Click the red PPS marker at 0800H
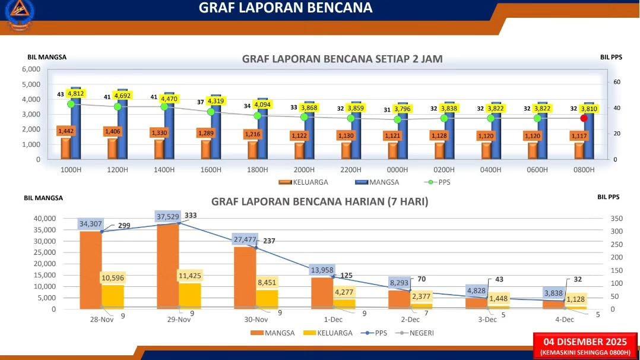click(584, 118)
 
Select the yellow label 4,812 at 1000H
click(76, 94)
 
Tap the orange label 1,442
click(66, 131)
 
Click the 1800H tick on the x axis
click(257, 169)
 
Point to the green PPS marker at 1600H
click(211, 112)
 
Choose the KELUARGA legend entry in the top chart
click(303, 182)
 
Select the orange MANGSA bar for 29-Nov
click(168, 266)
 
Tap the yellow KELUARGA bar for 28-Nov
click(113, 296)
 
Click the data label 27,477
click(245, 239)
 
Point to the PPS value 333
click(191, 215)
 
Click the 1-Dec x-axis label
click(333, 320)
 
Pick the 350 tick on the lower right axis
click(617, 219)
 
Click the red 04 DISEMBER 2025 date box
click(585, 346)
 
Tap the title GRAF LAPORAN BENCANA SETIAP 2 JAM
click(342, 59)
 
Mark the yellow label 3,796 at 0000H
click(403, 109)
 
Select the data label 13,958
click(322, 270)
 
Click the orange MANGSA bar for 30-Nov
click(245, 278)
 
